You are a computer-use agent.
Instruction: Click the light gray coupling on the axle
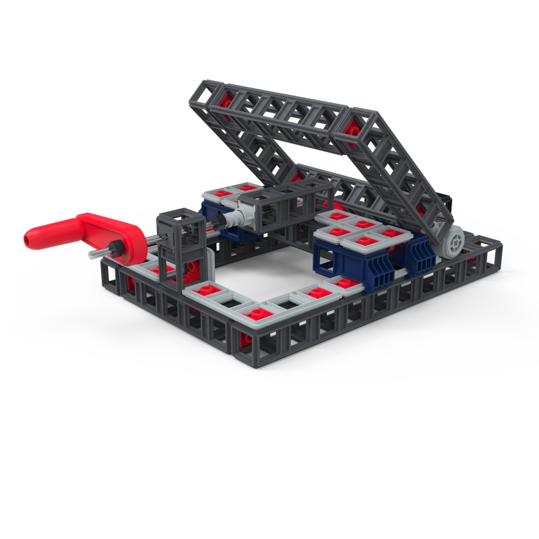(x=232, y=219)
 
